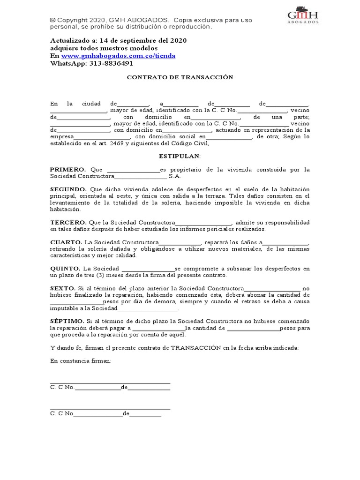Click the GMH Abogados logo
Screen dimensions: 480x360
[x=303, y=15]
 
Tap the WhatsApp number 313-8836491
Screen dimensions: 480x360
[x=111, y=63]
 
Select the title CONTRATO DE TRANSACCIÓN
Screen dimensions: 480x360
[x=180, y=77]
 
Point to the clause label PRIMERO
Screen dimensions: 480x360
[x=67, y=169]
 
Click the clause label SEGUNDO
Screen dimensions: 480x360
[x=68, y=189]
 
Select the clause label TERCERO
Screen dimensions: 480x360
[x=68, y=222]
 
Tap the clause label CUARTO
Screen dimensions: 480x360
[x=66, y=242]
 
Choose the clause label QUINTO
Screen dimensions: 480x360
[x=66, y=269]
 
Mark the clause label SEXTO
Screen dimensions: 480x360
[x=62, y=288]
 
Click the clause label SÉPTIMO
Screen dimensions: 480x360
[x=67, y=321]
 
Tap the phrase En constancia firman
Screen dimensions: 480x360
[x=81, y=361]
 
